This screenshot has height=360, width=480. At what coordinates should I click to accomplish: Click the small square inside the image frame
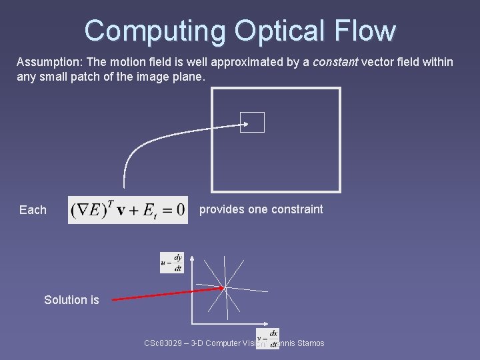(252, 123)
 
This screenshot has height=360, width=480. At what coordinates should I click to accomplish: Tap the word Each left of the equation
(33, 210)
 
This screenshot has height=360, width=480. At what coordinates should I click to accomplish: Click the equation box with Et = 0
(128, 209)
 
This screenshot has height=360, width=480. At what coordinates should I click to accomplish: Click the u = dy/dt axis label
(172, 263)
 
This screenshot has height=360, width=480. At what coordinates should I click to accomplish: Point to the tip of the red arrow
(223, 288)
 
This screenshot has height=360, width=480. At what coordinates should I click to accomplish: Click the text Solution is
(71, 300)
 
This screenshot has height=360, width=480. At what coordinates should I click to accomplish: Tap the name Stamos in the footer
(308, 343)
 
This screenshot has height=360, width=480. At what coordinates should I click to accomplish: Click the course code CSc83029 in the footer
(163, 343)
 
